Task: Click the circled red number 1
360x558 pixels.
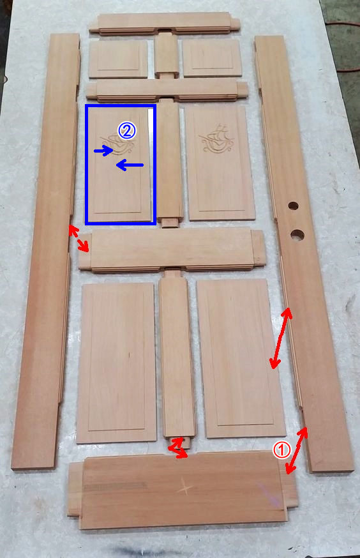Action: coord(281,450)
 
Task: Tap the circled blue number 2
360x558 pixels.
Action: coord(128,131)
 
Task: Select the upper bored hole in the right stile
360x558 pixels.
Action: coord(293,206)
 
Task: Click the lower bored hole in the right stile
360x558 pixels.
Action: coord(297,235)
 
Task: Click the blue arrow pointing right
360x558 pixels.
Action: coord(103,151)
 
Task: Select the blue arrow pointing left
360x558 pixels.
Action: coord(130,165)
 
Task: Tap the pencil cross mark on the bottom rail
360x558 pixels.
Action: coord(185,488)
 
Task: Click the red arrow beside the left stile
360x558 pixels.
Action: coord(79,238)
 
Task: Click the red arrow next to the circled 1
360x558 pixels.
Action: coord(297,451)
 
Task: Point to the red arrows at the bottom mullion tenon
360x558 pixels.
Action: coord(178,448)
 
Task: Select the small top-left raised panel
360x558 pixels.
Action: coord(118,59)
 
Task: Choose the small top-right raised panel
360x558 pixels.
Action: coord(213,57)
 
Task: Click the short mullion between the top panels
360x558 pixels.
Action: coord(166,55)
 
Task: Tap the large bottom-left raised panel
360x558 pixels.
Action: coord(116,363)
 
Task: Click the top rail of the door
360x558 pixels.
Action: coord(164,24)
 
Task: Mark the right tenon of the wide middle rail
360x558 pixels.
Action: coord(259,248)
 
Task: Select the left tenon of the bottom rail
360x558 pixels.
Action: coord(75,489)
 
